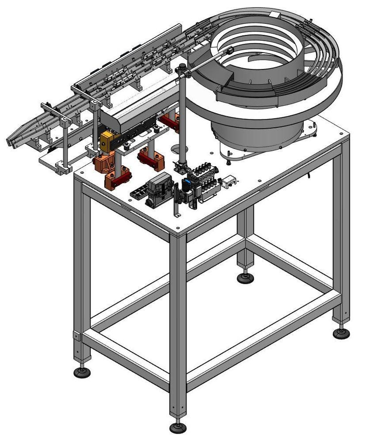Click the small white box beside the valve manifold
(229, 181)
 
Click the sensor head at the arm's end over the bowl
(229, 51)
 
